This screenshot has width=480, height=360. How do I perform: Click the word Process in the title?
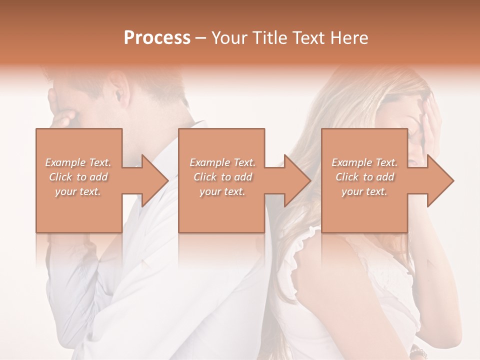157,38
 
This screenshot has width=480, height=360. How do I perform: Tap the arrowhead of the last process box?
439,180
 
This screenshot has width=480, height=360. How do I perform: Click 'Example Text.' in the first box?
78,162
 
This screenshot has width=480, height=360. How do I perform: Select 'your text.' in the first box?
78,191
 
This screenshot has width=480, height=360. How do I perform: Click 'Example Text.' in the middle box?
222,162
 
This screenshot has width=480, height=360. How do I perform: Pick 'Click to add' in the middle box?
222,177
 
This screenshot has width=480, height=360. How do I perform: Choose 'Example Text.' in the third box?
364,162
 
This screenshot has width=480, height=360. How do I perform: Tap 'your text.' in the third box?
364,191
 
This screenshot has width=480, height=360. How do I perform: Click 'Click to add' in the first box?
78,177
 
